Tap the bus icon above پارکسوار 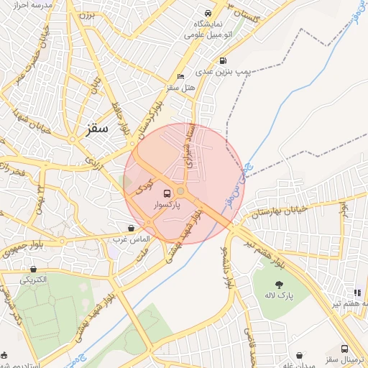167,193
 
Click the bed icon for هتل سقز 180,77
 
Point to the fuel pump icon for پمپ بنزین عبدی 223,61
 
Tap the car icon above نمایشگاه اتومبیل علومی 208,14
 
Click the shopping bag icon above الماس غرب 130,228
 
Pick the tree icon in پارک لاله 280,285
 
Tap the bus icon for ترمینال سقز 343,348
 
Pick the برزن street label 87,14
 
